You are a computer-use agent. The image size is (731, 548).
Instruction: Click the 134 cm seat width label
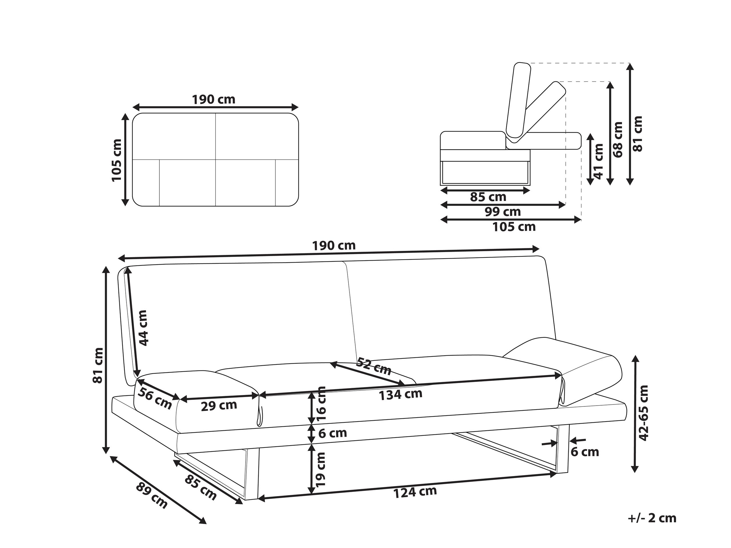pyautogui.click(x=400, y=394)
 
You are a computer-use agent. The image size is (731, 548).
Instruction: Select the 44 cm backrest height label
pyautogui.click(x=143, y=328)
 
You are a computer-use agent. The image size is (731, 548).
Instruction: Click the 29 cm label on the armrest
pyautogui.click(x=219, y=406)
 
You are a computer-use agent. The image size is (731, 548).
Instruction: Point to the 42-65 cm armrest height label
pyautogui.click(x=643, y=413)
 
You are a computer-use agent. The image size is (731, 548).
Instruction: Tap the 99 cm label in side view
pyautogui.click(x=503, y=212)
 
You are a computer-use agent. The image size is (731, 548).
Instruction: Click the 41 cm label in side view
pyautogui.click(x=599, y=161)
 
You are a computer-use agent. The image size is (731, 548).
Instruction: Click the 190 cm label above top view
pyautogui.click(x=214, y=99)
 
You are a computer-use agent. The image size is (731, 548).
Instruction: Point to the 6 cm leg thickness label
pyautogui.click(x=585, y=452)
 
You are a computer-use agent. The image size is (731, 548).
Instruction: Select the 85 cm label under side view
pyautogui.click(x=488, y=198)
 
